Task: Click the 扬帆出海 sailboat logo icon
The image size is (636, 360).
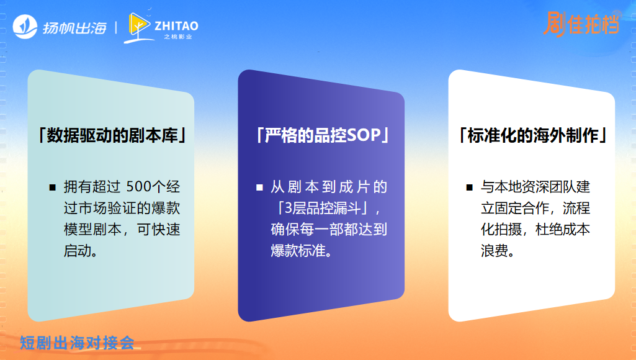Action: click(x=25, y=28)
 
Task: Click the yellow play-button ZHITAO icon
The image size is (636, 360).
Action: click(x=139, y=26)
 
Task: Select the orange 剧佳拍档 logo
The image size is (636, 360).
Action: click(x=581, y=24)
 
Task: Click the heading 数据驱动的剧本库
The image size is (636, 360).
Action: click(x=112, y=135)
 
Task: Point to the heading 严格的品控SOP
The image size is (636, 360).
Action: click(x=321, y=135)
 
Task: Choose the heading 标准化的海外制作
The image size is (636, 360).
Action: click(x=532, y=135)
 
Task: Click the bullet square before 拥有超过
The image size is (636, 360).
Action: click(x=53, y=187)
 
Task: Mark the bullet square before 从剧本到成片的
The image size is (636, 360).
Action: click(x=259, y=187)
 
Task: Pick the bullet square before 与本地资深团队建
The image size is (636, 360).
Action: click(x=470, y=187)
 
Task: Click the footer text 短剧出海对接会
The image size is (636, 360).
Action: click(x=77, y=342)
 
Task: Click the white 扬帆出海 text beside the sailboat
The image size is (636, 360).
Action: click(x=75, y=28)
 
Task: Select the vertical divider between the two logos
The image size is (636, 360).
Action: click(x=116, y=28)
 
